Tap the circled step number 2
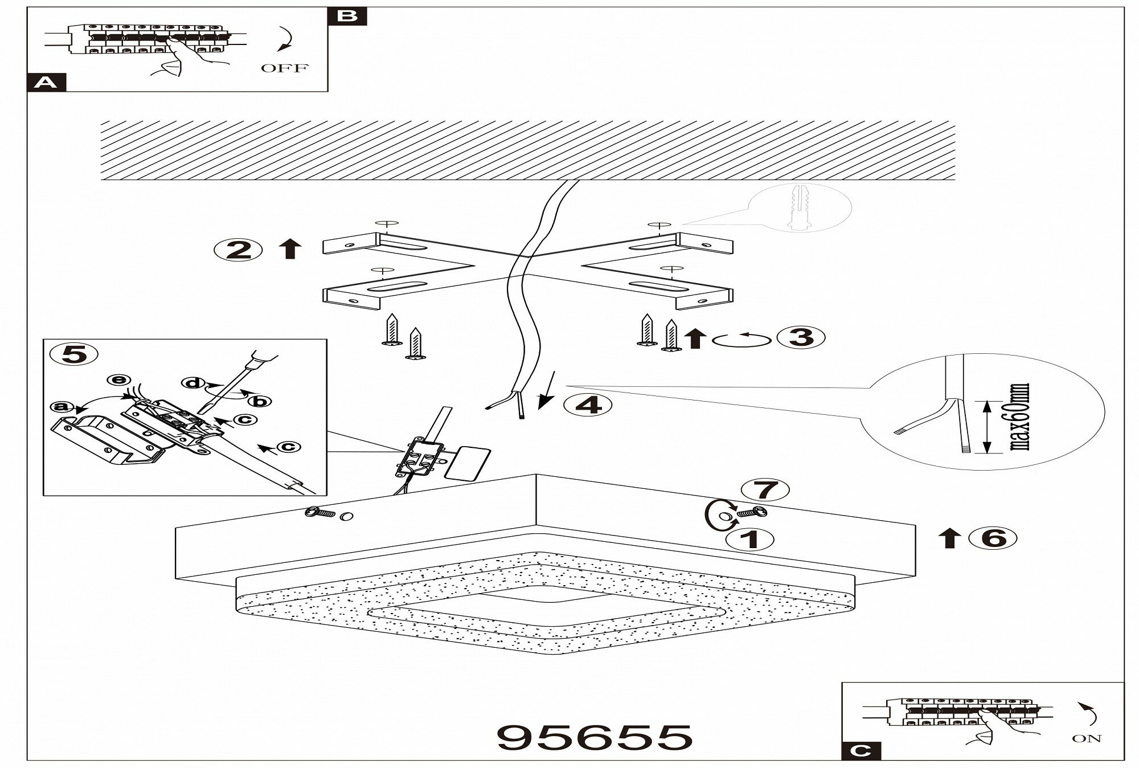238,250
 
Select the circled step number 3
801,338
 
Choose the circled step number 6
994,538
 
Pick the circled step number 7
765,489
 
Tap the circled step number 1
750,539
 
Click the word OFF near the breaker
284,68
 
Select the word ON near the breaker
1087,739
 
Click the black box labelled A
47,83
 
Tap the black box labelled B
347,16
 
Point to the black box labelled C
861,751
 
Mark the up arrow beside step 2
290,250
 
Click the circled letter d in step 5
194,383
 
